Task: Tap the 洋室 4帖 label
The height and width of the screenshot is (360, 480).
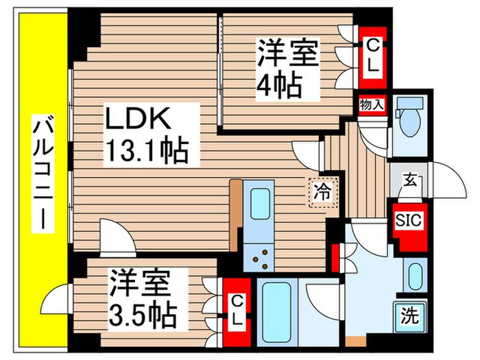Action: pyautogui.click(x=289, y=69)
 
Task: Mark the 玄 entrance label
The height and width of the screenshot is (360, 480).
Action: pyautogui.click(x=409, y=182)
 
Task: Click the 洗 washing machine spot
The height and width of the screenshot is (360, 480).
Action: pyautogui.click(x=409, y=317)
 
